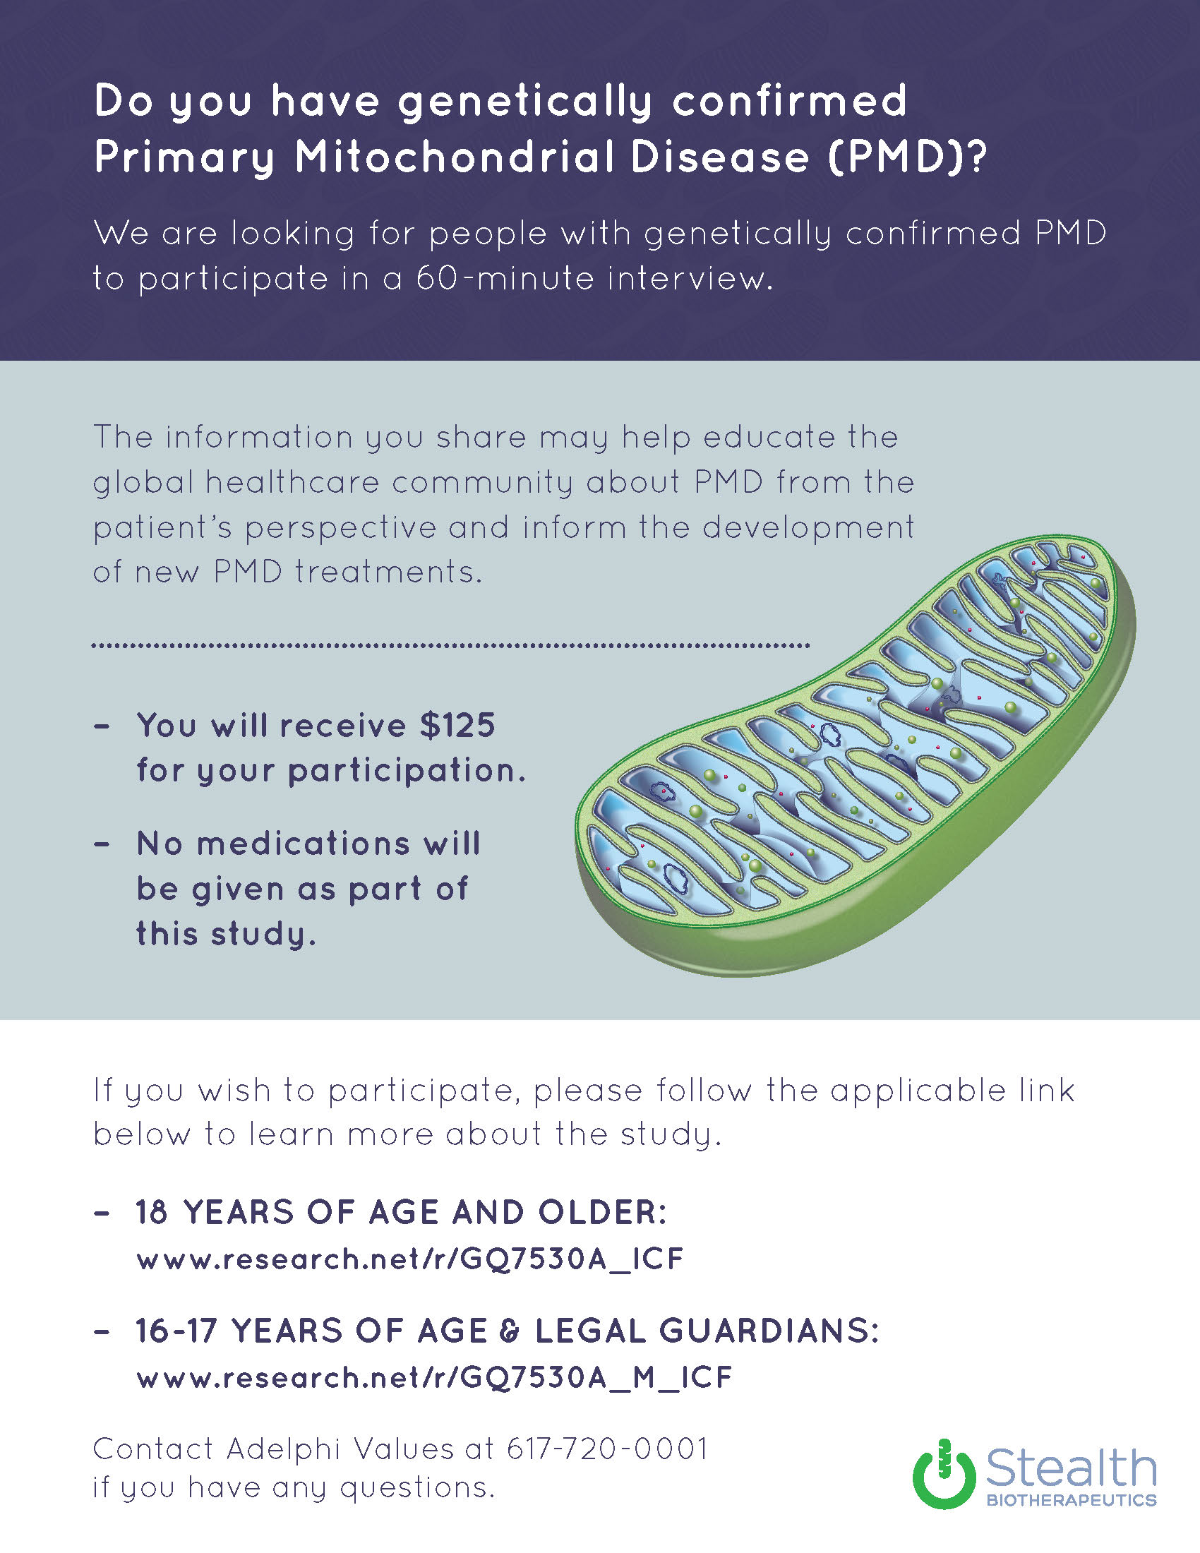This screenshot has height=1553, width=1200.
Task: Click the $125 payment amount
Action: click(457, 725)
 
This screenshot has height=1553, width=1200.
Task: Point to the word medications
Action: click(303, 844)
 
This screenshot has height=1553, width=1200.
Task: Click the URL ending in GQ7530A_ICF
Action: click(410, 1259)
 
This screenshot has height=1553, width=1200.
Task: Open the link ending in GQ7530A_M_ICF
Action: click(434, 1377)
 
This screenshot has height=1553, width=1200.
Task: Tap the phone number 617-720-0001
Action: click(607, 1449)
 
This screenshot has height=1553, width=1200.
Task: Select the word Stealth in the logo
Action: click(1071, 1468)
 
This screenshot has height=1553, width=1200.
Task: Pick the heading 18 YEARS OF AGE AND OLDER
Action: click(402, 1212)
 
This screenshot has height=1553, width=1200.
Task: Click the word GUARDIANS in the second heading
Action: click(769, 1331)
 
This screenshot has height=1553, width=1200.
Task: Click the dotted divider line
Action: click(451, 646)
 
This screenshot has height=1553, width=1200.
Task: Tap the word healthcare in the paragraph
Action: click(292, 482)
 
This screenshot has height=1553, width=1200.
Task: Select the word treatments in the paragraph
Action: click(389, 572)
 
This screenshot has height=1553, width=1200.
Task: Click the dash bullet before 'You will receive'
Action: click(102, 726)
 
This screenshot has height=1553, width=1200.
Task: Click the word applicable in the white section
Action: click(918, 1091)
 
